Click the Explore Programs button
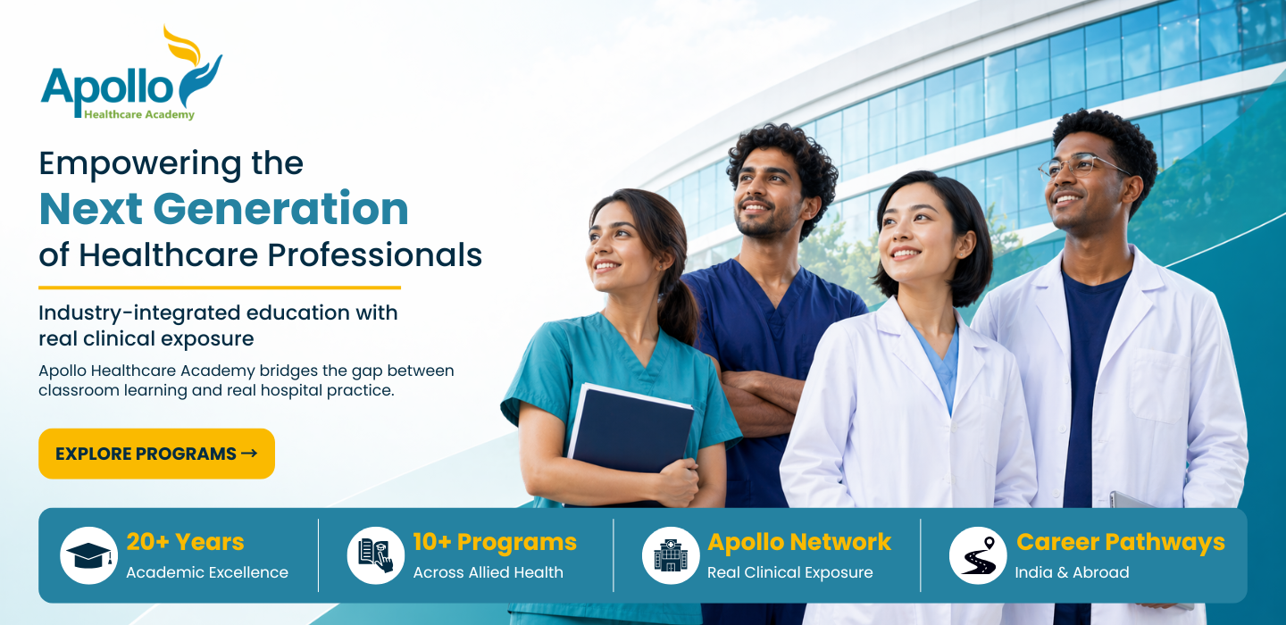(x=156, y=454)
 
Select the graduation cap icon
(x=89, y=555)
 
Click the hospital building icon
(x=671, y=555)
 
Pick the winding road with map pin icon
(x=978, y=555)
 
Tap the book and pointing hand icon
(x=375, y=555)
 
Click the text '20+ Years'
(x=185, y=542)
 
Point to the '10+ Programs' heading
(x=495, y=542)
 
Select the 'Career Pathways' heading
(x=1121, y=542)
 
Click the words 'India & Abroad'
(x=1072, y=572)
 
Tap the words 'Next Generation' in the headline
(x=224, y=208)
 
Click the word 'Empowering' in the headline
(x=140, y=164)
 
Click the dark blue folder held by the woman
(x=630, y=437)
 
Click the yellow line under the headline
(x=220, y=287)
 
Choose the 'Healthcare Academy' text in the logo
(x=139, y=115)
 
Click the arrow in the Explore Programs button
(x=249, y=454)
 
